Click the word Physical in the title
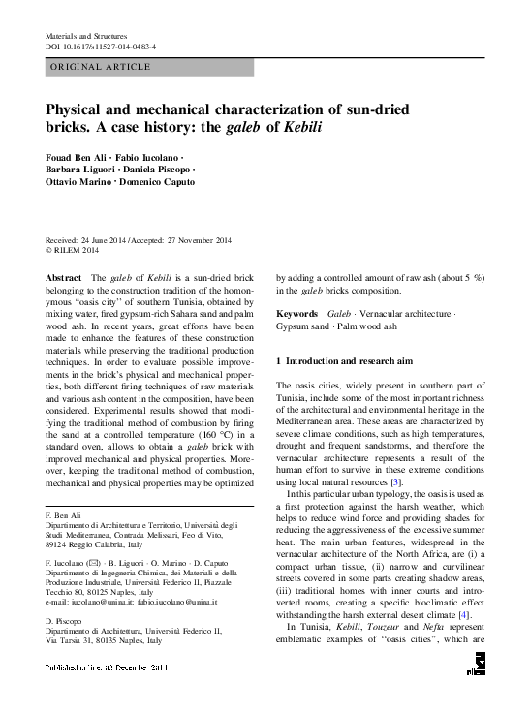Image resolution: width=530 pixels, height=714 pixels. click(80, 111)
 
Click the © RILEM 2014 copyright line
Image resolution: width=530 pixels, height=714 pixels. click(75, 250)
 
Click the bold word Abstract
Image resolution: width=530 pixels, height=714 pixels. click(64, 276)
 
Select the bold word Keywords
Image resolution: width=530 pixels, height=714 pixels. click(296, 316)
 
